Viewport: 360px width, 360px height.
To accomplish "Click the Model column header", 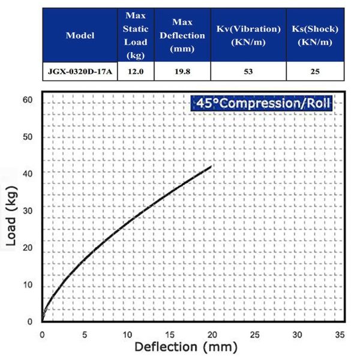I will (x=80, y=35).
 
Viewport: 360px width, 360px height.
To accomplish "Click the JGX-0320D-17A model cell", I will (x=80, y=71).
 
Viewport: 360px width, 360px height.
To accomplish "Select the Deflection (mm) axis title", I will (x=186, y=347).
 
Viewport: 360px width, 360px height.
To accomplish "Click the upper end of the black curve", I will (x=211, y=166).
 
